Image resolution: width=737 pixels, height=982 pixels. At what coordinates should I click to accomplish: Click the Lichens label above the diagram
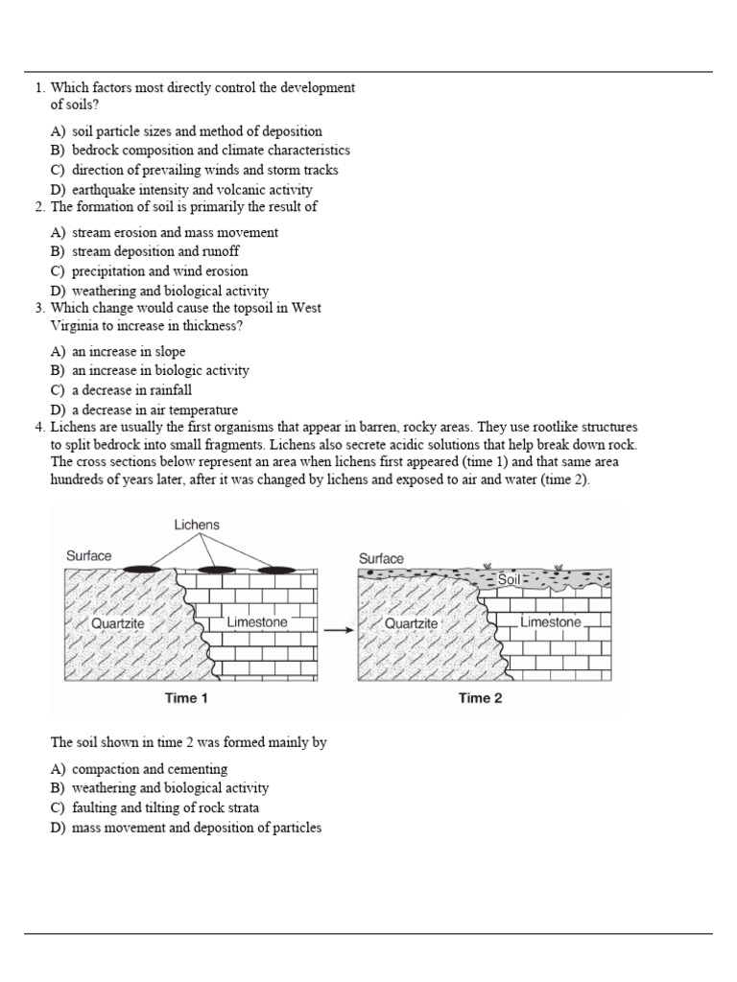(x=197, y=525)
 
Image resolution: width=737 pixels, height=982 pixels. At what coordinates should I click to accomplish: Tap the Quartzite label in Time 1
(x=118, y=623)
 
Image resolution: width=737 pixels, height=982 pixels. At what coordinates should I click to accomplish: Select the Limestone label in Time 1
(x=257, y=622)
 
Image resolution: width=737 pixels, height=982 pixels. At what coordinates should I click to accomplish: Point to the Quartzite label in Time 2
(x=412, y=623)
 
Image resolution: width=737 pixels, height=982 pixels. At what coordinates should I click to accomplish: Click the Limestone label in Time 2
(x=551, y=622)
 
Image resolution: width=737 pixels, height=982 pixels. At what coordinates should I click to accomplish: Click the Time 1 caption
(x=186, y=698)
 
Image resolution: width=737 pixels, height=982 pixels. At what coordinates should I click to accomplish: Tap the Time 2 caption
(x=480, y=698)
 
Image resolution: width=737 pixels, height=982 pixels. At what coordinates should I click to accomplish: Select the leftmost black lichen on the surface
(x=144, y=569)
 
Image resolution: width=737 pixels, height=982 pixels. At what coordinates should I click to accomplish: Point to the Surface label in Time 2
(x=381, y=558)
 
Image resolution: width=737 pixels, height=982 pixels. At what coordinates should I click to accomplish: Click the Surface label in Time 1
(x=88, y=555)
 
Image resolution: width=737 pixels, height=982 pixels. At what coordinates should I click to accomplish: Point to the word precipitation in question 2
(x=107, y=271)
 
